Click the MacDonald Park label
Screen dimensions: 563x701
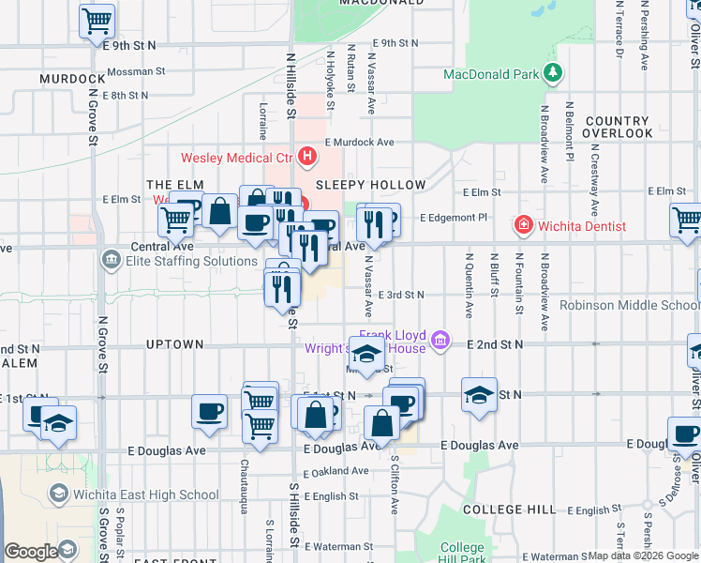[x=491, y=73]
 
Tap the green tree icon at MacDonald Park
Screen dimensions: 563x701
[x=554, y=72]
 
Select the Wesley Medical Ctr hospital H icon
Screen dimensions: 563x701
[x=306, y=157]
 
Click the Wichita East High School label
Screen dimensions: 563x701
[x=147, y=495]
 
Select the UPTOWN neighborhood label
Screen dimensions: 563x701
[x=175, y=344]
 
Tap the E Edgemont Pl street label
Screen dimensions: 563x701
[x=455, y=218]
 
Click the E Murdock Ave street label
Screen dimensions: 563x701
[x=360, y=143]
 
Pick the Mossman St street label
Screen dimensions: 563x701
[x=136, y=70]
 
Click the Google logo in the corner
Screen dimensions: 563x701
[x=31, y=552]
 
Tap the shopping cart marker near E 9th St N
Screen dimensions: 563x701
[x=97, y=22]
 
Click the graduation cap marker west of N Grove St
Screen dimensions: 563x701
[x=58, y=423]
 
